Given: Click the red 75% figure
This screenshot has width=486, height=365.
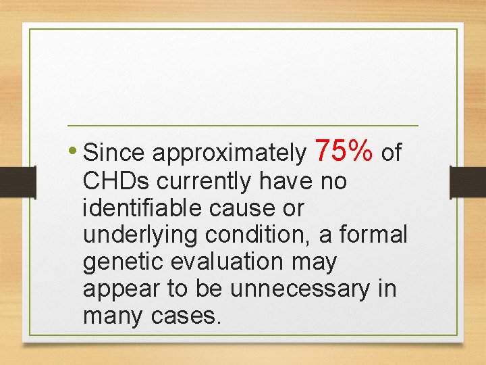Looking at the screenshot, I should pos(344,151).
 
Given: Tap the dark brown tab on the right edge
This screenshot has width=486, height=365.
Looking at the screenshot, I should pos(468,182).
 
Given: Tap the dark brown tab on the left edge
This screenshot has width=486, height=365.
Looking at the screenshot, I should pos(18,182).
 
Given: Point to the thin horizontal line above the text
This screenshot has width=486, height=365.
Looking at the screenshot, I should pos(243,126).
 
